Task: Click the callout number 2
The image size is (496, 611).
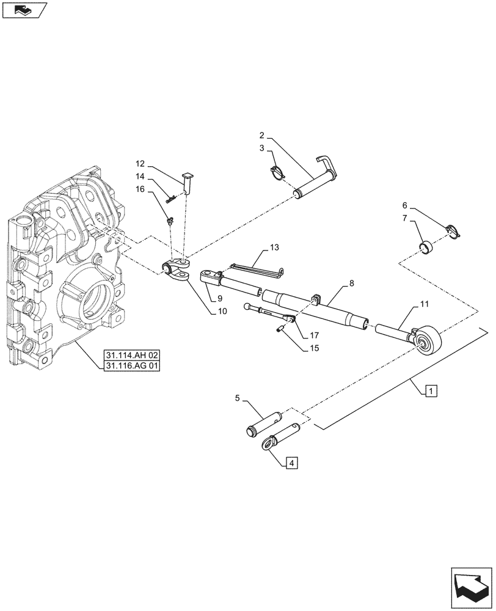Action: pos(261,134)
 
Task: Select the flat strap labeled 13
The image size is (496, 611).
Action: pos(257,268)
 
